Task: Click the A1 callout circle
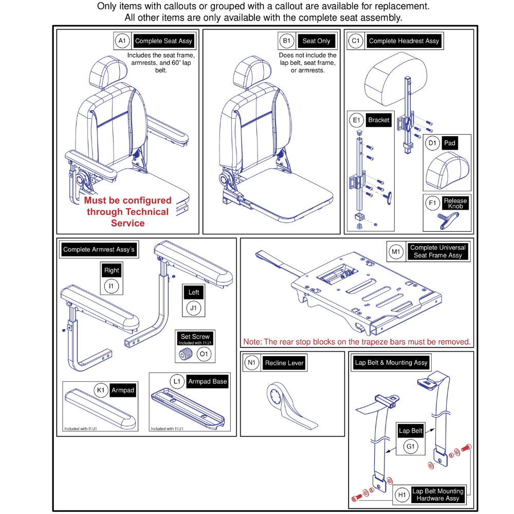coord(122,41)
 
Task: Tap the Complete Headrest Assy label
coord(404,41)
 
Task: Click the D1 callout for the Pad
coord(432,143)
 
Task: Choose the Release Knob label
coord(455,204)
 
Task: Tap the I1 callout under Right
coord(111,286)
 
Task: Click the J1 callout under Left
coord(193,309)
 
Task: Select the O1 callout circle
coord(204,355)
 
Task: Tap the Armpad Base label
coord(206,381)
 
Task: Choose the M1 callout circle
coord(396,251)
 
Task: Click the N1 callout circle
coord(251,363)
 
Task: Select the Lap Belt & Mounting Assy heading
coord(391,362)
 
